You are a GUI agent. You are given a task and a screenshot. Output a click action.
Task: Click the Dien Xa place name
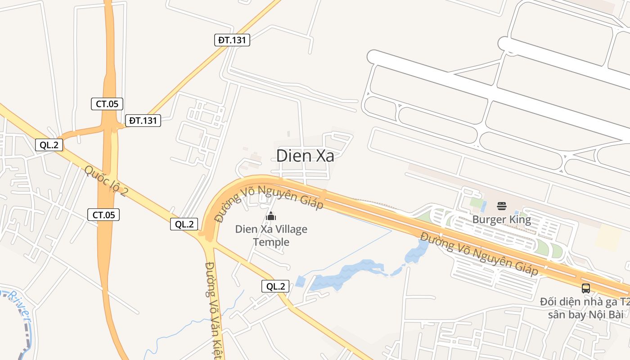[x=305, y=156]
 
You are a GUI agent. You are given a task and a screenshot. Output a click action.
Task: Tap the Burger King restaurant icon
[x=502, y=207]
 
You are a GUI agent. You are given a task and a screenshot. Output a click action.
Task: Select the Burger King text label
[x=501, y=220]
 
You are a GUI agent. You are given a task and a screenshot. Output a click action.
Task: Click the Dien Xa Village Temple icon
[x=271, y=216]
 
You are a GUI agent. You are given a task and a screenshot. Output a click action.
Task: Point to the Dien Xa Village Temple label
[x=271, y=235]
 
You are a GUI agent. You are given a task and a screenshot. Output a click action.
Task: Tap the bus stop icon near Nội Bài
[x=585, y=288]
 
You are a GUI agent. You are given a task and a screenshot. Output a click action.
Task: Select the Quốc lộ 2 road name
[x=106, y=181]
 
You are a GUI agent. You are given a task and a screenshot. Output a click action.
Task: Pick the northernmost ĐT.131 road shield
[x=232, y=40]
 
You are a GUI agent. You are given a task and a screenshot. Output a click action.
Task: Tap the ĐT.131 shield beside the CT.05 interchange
[x=143, y=121]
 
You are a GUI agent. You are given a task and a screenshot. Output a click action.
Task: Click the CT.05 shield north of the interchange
[x=107, y=104]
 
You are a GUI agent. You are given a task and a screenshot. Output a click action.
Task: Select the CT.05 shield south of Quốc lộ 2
[x=103, y=215]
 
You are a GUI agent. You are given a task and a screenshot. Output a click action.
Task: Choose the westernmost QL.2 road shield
[x=49, y=144]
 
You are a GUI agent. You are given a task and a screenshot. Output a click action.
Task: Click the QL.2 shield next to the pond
[x=275, y=286]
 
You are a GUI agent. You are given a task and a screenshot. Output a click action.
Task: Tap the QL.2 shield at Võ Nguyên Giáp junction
[x=184, y=224]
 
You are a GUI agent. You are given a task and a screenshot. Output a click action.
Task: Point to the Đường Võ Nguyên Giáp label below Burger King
[x=479, y=253]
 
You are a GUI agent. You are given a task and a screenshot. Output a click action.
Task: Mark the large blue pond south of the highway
[x=346, y=274]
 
